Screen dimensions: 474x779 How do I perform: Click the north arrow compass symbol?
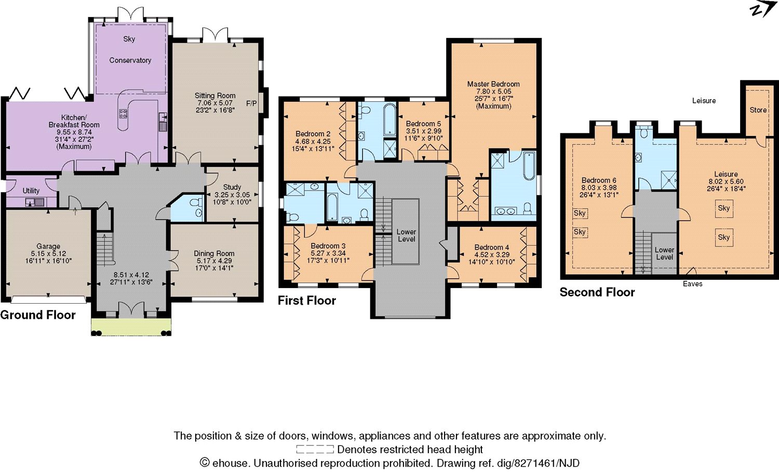[762, 10]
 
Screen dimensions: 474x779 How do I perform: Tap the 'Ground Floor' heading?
[38, 315]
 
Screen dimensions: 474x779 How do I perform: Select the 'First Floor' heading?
[306, 301]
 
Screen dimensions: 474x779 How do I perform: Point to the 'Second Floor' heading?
[597, 292]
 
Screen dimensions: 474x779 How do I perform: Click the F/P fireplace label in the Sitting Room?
[251, 103]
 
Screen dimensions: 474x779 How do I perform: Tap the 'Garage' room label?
[48, 246]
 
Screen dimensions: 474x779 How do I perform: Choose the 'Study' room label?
[232, 187]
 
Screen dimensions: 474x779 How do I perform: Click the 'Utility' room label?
[31, 191]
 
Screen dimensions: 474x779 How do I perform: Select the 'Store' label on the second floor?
[758, 110]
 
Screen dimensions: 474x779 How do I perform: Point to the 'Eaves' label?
[692, 284]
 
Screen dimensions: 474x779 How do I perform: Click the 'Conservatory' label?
[130, 60]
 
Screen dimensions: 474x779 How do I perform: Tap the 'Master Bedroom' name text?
[493, 84]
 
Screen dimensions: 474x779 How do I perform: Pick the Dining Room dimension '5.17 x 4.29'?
[214, 261]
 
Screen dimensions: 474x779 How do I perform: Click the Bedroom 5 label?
[423, 124]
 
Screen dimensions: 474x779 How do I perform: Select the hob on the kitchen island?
[123, 114]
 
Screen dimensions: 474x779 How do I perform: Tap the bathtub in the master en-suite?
[529, 166]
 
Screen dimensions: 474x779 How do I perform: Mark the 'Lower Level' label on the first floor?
[406, 235]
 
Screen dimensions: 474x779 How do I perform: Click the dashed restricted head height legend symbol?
[315, 450]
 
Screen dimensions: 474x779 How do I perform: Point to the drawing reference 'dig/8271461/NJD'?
[538, 463]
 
